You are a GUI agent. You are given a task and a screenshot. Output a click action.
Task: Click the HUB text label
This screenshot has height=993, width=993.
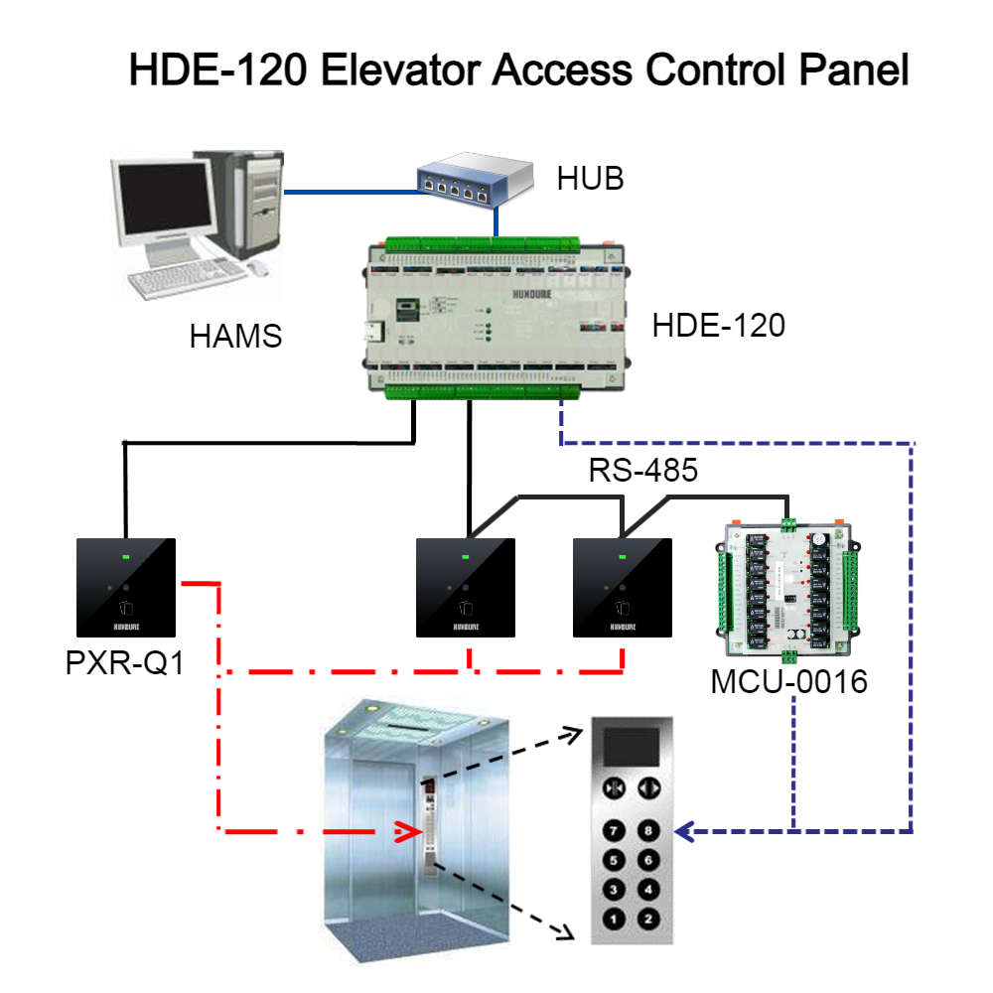click(590, 179)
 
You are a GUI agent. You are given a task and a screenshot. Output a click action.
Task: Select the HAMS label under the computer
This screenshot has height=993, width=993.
click(236, 337)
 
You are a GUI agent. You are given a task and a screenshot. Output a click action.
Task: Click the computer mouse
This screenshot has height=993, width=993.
click(258, 268)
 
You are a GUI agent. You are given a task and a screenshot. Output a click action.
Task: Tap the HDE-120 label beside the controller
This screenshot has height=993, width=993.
click(719, 326)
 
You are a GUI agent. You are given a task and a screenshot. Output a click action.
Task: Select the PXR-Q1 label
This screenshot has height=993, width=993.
click(125, 662)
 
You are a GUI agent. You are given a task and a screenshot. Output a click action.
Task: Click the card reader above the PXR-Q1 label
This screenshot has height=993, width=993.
click(126, 587)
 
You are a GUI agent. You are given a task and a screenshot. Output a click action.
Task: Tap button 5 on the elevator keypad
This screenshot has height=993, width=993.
click(614, 860)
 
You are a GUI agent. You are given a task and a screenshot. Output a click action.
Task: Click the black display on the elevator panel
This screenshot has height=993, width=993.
click(632, 747)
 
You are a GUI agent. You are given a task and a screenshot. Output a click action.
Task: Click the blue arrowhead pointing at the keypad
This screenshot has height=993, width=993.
click(685, 830)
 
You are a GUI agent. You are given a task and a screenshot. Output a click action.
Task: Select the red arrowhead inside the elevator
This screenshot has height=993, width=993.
click(405, 830)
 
